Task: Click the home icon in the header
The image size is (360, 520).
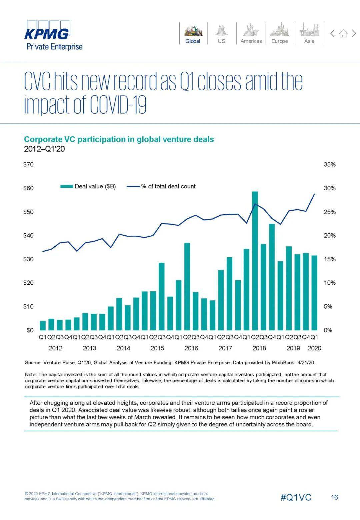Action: click(x=343, y=33)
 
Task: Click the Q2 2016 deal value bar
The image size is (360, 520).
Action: click(x=187, y=286)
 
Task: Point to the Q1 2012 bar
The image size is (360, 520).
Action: click(x=43, y=325)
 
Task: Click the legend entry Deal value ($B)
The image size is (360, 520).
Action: click(x=88, y=186)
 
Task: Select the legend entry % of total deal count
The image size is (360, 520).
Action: click(x=161, y=186)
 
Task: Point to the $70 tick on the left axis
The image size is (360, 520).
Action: click(x=28, y=164)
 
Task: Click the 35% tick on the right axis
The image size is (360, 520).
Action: click(x=330, y=164)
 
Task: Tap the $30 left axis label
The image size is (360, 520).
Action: click(x=28, y=259)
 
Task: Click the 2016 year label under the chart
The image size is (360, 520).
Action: click(x=191, y=348)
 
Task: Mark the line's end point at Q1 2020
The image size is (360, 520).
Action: click(x=314, y=194)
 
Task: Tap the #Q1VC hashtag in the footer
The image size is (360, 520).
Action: click(x=296, y=497)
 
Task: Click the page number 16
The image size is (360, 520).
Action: click(x=334, y=497)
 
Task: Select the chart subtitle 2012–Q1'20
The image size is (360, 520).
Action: click(x=44, y=149)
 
